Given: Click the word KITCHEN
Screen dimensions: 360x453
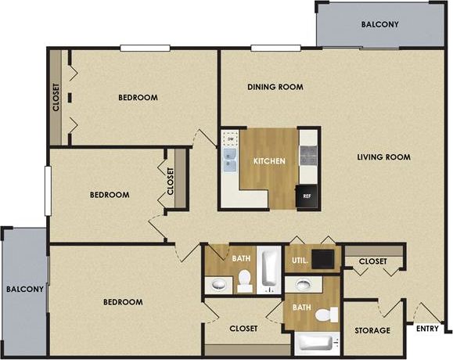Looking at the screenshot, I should tap(268, 162).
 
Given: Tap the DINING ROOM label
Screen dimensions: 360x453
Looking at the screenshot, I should tap(275, 87).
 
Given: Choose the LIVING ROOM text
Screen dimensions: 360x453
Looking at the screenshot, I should tap(383, 157).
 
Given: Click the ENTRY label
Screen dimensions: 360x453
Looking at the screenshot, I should tap(427, 329).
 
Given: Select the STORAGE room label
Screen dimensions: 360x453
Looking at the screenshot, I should tap(372, 330).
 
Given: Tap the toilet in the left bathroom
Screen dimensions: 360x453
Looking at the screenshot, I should tap(246, 279).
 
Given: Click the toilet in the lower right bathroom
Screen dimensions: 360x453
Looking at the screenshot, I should tap(326, 315).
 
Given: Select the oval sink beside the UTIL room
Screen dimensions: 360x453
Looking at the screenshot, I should tap(303, 283).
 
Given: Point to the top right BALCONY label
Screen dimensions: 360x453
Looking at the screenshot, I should tap(379, 24).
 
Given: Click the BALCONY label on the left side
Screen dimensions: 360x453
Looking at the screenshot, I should tap(23, 289).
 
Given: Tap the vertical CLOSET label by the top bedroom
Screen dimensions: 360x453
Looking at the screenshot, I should tap(56, 98).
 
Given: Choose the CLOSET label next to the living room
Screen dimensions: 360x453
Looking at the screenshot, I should tap(372, 261).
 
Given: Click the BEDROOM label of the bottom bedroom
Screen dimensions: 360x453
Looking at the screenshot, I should tap(124, 302).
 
